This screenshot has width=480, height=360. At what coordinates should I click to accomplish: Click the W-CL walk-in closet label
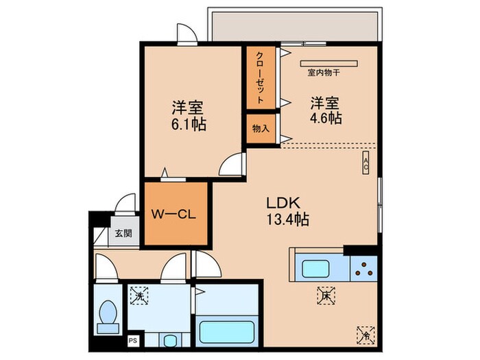coord(175,214)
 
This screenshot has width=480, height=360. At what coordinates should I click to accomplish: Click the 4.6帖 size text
coord(326,118)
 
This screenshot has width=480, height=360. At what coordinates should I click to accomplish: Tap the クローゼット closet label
coord(261,76)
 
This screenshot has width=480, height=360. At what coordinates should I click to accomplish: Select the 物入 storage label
coord(261,129)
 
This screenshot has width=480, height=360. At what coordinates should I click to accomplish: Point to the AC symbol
coord(366,163)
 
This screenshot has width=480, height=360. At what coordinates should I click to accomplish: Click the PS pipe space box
coord(132,338)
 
